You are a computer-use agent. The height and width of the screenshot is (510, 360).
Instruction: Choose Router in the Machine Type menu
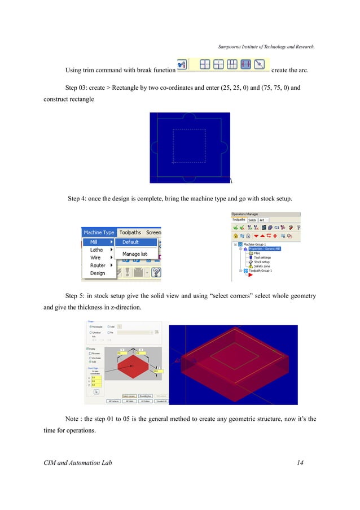(x=98, y=265)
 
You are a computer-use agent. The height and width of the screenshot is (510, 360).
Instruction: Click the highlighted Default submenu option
(x=130, y=242)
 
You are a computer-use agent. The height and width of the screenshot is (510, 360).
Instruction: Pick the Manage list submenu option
(x=135, y=254)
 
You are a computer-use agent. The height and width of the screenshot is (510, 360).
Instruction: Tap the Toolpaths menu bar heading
(x=130, y=232)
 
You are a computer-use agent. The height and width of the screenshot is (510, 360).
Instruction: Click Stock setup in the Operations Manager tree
(x=261, y=262)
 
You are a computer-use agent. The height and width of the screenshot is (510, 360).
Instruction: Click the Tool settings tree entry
(x=262, y=258)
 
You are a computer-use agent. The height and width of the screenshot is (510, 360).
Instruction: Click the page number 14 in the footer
(x=300, y=463)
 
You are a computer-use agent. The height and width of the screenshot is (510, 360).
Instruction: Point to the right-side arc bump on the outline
(x=225, y=149)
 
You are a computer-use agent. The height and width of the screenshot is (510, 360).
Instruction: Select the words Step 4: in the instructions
(x=79, y=198)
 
